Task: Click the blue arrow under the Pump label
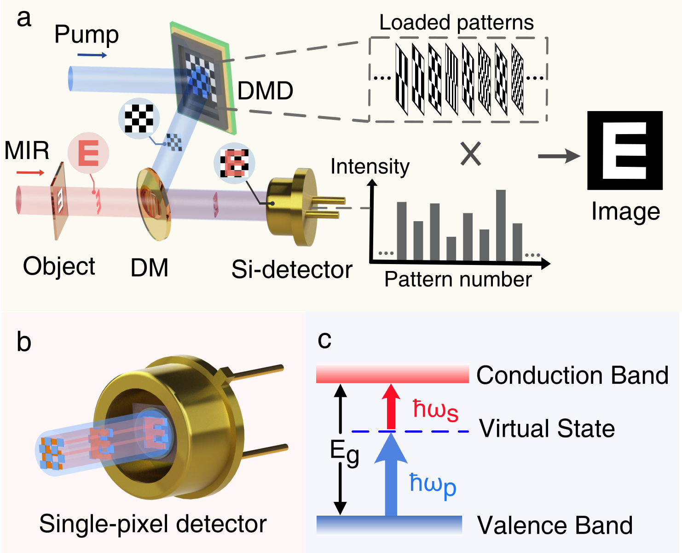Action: pos(92,55)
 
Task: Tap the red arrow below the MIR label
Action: pos(30,173)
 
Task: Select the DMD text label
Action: pos(266,91)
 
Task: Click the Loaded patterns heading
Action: pos(456,22)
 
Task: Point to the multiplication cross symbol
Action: pos(471,154)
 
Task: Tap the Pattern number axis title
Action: pos(458,279)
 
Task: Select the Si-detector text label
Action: pos(292,269)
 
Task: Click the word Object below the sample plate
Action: pos(59,266)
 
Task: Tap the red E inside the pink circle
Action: pos(88,153)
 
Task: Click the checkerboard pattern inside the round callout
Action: pos(139,118)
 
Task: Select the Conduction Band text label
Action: pos(572,375)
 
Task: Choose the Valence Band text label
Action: pos(555,525)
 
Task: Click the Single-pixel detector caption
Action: pos(153,524)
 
